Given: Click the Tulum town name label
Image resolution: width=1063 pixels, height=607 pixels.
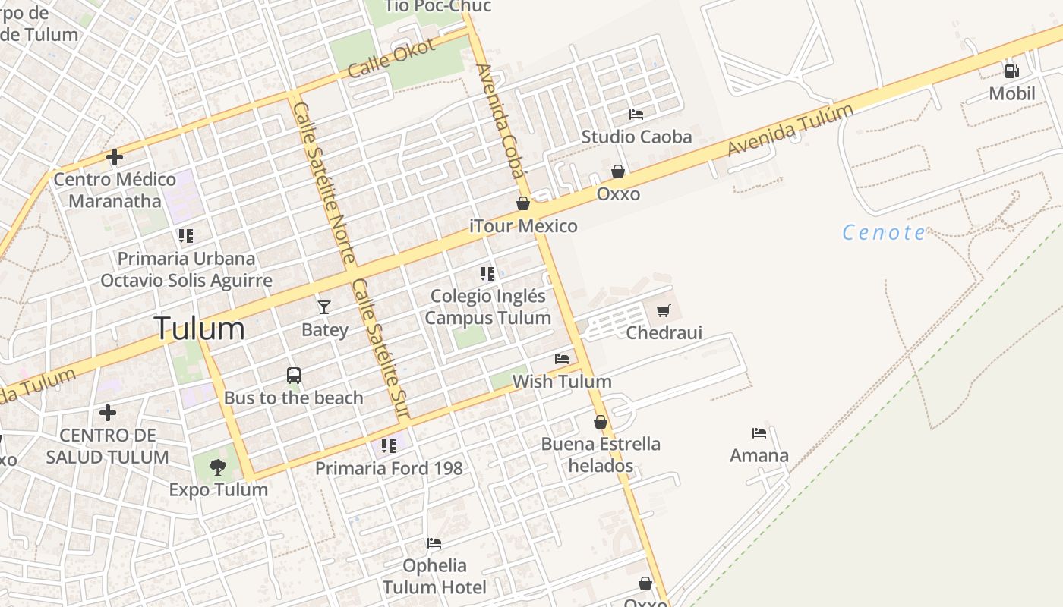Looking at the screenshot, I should click(200, 329).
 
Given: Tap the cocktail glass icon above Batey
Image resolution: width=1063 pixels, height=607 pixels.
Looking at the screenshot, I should click(324, 307).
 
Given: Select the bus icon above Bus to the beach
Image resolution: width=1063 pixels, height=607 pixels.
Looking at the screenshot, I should click(294, 376).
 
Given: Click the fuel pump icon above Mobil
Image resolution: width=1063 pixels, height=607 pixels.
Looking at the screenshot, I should click(1011, 71).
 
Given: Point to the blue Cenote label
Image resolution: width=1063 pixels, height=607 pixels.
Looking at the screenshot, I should click(884, 232).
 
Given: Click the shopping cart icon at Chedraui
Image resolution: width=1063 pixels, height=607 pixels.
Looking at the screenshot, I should click(664, 310).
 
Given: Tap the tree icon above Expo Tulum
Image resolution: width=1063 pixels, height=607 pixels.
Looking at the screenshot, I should click(218, 467).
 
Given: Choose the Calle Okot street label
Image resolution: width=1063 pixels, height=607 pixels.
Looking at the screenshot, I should click(392, 58).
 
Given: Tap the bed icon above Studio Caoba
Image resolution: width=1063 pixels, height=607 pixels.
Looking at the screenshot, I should click(636, 115).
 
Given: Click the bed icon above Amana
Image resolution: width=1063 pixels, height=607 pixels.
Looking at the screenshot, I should click(759, 433).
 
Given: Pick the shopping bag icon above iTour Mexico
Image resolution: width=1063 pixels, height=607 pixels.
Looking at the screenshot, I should click(523, 203).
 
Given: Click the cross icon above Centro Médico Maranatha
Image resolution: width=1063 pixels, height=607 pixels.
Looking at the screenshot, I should click(115, 157).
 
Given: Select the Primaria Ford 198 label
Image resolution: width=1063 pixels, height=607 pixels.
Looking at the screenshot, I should click(389, 468).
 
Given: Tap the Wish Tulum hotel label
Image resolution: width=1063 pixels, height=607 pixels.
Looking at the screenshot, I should click(562, 381).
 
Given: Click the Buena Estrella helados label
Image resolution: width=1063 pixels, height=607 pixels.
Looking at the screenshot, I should click(601, 454).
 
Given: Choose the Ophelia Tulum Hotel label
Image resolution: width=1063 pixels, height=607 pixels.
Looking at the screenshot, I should click(434, 576).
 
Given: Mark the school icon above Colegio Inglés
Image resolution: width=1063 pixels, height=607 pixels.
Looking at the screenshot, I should click(487, 273).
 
